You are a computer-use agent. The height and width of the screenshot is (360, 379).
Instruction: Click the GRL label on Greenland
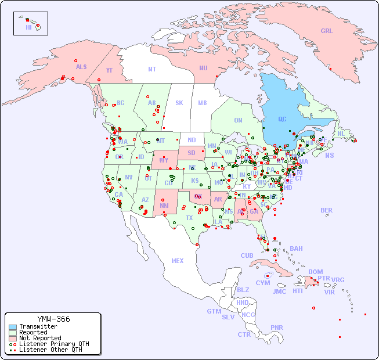tap(327, 31)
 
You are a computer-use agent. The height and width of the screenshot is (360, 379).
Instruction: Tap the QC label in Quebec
tap(282, 119)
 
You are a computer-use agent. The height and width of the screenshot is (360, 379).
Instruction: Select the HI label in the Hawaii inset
tap(28, 27)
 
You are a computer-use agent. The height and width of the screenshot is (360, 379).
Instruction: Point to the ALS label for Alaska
tap(81, 67)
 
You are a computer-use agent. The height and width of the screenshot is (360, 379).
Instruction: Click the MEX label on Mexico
tap(178, 261)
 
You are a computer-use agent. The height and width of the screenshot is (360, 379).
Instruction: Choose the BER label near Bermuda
tap(327, 210)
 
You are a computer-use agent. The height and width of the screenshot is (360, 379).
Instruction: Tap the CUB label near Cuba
tap(247, 255)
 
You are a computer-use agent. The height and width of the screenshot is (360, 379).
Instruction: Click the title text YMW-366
tap(53, 319)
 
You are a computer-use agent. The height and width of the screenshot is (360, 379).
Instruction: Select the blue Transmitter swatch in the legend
tap(13, 327)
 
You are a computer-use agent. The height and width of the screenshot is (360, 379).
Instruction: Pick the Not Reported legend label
tap(40, 338)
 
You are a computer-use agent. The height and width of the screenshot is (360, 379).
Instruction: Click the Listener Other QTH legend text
tap(50, 350)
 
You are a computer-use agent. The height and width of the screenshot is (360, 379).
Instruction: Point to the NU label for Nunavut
tap(203, 68)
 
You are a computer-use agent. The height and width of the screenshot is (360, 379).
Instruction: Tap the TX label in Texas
tap(189, 218)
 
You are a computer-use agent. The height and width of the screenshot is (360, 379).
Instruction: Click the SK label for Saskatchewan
tap(179, 103)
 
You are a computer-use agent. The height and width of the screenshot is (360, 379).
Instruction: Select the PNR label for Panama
tap(277, 327)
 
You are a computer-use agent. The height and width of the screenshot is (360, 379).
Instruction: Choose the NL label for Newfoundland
tap(341, 133)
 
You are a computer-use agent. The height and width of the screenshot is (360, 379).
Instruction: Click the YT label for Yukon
tap(109, 70)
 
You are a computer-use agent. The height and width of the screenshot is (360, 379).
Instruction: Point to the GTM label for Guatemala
tap(214, 311)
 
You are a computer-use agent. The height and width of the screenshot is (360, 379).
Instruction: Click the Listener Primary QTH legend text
tap(54, 344)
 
